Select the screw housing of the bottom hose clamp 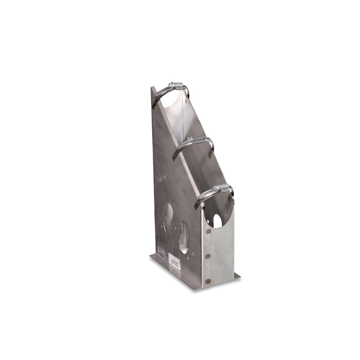click(x=222, y=188)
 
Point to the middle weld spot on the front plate click(x=208, y=256)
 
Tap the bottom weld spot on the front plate click(x=208, y=280)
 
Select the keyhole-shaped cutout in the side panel click(x=183, y=237)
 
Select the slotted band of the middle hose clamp click(x=180, y=147)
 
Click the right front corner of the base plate click(x=239, y=278)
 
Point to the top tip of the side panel click(x=152, y=88)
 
